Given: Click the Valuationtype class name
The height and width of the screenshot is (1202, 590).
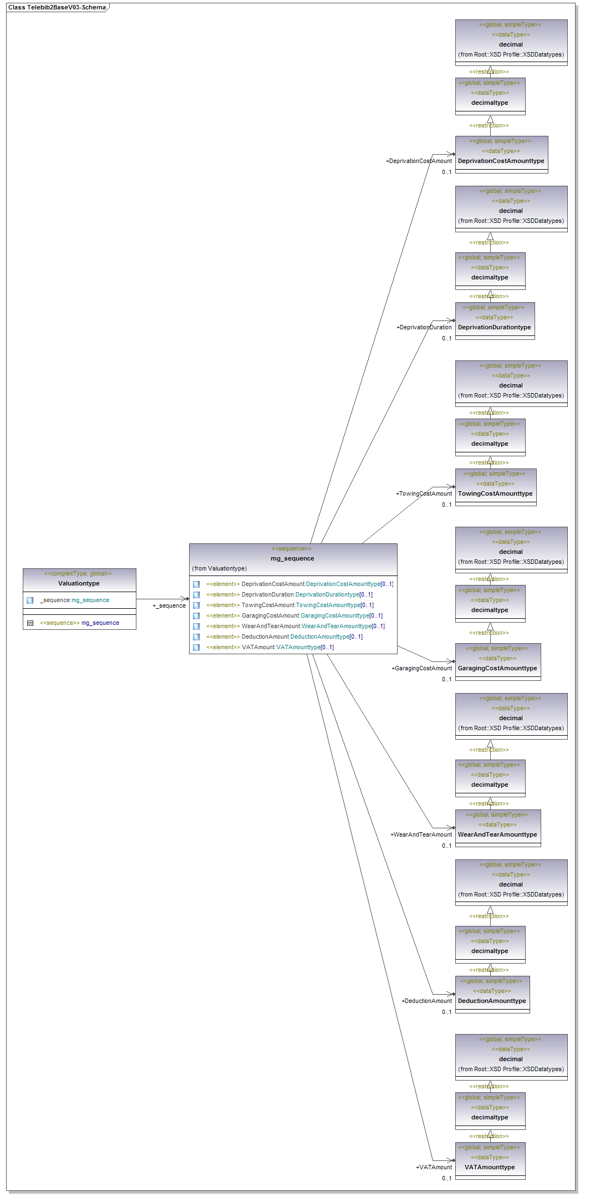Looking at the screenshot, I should pos(79,583).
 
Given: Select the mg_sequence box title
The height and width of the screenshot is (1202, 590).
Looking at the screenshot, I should pos(292,558).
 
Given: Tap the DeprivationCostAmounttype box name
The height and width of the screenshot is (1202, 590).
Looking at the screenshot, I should pos(501,161).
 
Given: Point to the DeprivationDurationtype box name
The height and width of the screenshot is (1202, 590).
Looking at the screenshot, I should pos(494,327).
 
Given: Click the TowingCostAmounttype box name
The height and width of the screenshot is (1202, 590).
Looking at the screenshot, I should pos(495,493).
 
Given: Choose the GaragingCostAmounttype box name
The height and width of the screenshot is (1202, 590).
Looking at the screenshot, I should pos(497,668).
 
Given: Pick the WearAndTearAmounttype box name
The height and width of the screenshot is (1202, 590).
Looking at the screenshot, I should pos(497,834).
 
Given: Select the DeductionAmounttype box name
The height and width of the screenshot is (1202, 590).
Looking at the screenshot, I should pos(492,1001).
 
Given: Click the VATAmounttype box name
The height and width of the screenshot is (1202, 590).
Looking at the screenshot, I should pos(490,1167).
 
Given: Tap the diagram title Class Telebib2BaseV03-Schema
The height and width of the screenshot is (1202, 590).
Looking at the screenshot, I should pos(57,7).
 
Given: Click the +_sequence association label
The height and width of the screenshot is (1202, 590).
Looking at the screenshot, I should pos(169,605).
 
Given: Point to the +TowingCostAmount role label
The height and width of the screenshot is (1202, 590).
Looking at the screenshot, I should pos(424,493).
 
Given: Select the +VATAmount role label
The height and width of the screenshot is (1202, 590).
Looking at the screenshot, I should pos(434,1167).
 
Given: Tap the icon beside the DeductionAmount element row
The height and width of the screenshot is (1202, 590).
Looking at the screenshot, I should pos(196,636).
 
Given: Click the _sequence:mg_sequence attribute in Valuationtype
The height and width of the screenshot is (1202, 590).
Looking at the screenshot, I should pos(74,600).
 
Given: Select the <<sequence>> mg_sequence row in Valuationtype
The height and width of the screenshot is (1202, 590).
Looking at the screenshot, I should pos(79,623).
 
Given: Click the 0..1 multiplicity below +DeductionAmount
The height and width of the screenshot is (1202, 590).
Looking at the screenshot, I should pos(446,1012).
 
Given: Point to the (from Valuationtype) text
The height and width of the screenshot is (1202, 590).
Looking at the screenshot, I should pos(219,568).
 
